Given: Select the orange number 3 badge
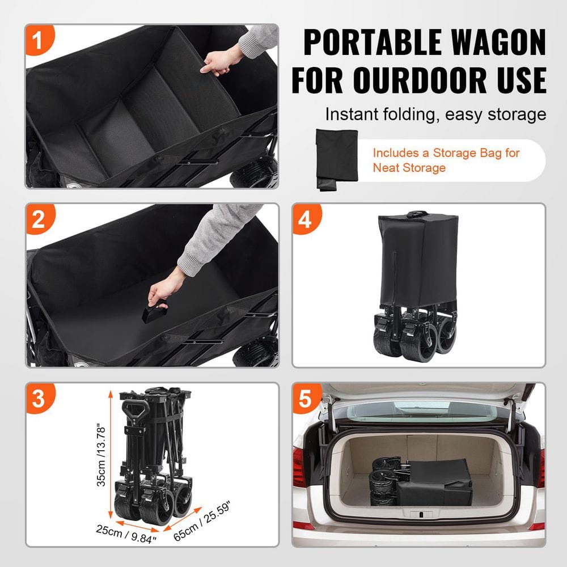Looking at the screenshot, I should click(38, 399).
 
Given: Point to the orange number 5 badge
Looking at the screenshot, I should click(305, 399).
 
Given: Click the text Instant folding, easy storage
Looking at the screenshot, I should click(435, 115).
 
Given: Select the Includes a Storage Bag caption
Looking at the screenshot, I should click(446, 160).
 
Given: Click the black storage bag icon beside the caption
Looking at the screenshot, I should click(336, 159).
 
